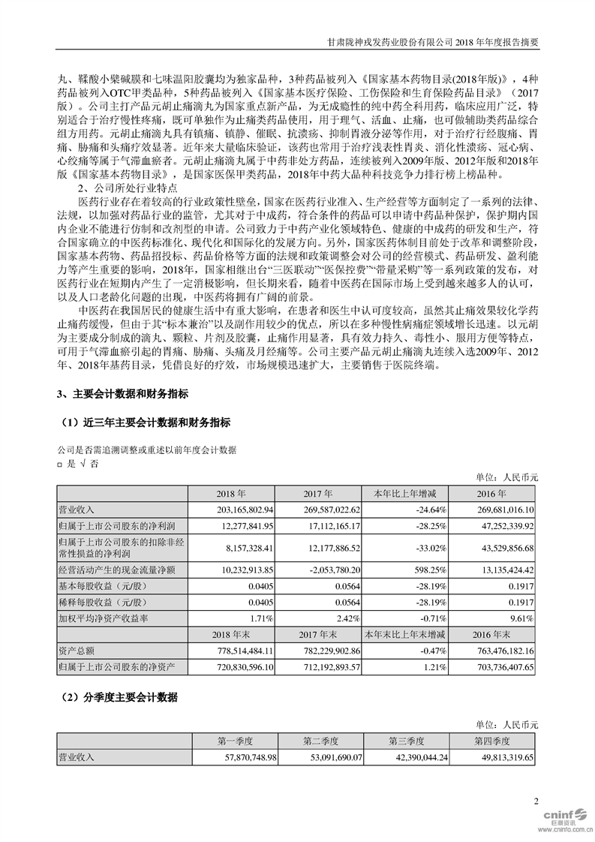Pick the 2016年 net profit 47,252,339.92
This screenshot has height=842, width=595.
(503, 524)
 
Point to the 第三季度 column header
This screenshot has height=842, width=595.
(407, 741)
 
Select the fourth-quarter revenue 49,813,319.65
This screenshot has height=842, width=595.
(499, 758)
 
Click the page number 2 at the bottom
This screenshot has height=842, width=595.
(536, 801)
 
